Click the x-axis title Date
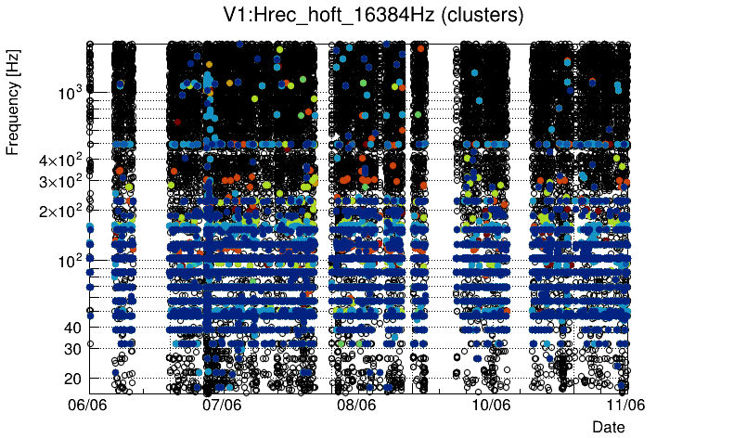point(609,426)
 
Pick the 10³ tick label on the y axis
point(69,93)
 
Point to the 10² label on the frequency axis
point(69,261)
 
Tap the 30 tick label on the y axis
point(71,349)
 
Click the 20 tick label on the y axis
point(71,379)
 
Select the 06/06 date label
point(89,405)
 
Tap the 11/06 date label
point(625,405)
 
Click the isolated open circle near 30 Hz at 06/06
point(90,343)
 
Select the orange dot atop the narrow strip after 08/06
point(421,48)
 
